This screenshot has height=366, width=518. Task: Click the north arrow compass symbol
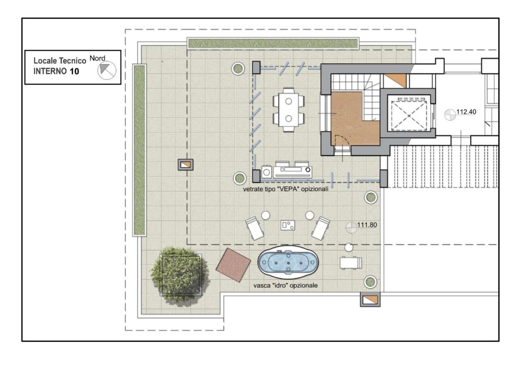107,71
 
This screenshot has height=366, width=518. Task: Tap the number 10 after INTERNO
74,71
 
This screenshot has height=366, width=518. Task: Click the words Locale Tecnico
59,61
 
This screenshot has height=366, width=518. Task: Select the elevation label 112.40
466,112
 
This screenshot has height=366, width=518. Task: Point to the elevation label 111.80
367,225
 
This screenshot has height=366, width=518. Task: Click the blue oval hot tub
288,262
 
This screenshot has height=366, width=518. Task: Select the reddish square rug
234,265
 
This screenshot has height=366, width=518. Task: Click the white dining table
289,109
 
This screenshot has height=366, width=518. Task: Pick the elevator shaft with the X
409,116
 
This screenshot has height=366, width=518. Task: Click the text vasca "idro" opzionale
285,285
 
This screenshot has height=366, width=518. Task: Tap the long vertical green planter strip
139,150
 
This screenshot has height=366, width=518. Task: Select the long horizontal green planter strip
273,43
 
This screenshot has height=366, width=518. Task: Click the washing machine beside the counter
267,172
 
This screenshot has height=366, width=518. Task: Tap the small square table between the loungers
288,225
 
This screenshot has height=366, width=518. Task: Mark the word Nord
98,58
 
